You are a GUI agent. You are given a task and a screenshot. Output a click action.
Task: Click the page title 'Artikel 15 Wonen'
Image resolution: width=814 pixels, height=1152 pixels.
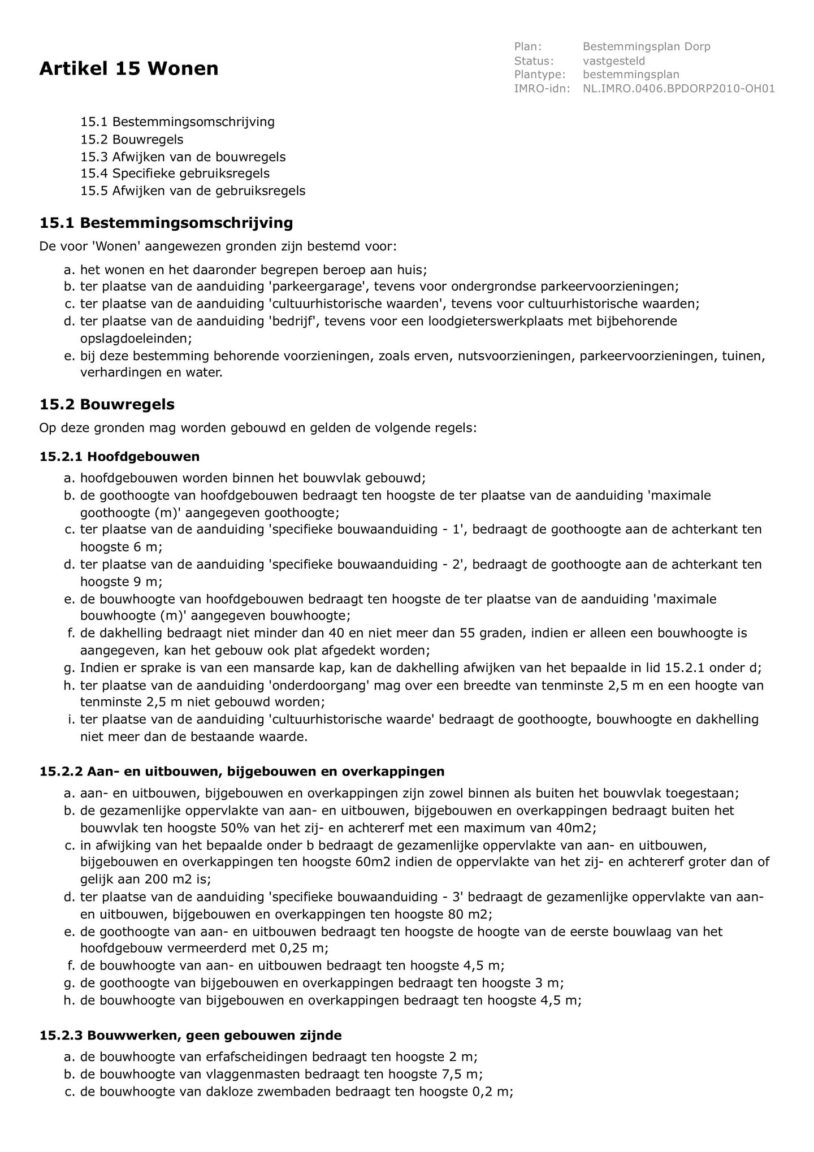129,69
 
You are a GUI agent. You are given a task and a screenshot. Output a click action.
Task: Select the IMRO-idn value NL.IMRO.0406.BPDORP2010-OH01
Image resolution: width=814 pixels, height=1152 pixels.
678,89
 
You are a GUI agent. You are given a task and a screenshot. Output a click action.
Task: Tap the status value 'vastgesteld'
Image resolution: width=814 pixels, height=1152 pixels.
614,60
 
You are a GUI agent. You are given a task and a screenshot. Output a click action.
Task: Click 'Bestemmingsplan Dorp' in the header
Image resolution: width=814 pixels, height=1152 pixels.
646,46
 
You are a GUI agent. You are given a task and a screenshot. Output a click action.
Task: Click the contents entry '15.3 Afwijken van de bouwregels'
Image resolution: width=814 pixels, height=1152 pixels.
183,157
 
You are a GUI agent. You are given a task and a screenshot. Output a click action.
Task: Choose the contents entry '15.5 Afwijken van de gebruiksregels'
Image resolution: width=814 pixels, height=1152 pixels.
192,190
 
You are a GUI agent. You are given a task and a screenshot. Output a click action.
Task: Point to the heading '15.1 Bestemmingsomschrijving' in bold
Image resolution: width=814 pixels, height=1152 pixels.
166,223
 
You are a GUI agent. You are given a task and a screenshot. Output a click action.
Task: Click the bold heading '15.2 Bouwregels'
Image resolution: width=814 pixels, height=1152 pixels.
107,405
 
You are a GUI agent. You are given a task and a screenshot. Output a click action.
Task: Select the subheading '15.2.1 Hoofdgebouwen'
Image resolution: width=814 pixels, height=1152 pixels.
119,456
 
